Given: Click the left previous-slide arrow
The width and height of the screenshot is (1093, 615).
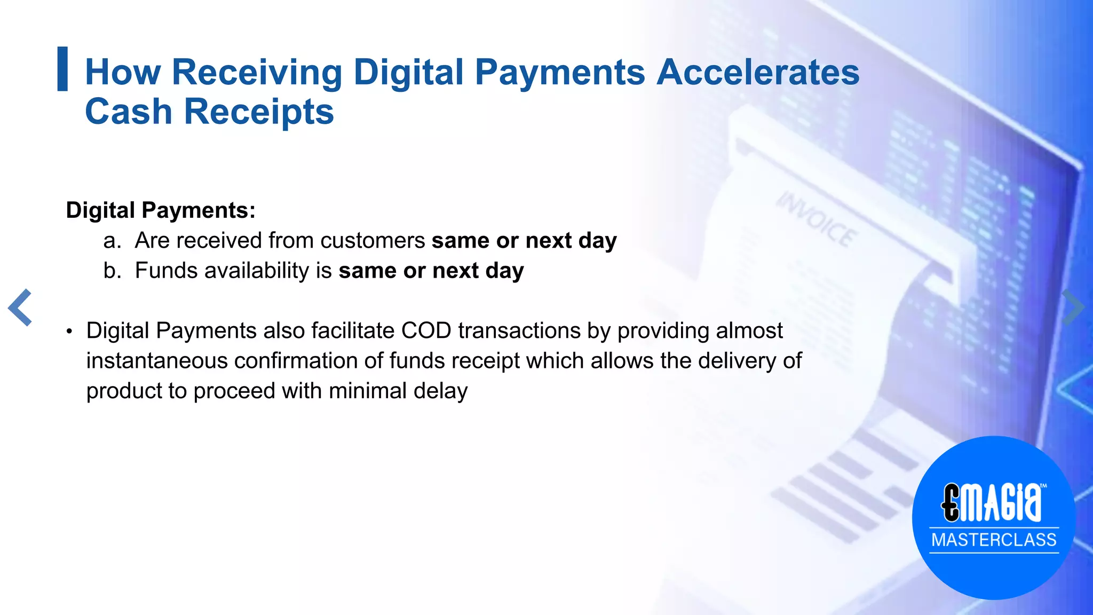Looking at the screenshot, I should (x=20, y=307).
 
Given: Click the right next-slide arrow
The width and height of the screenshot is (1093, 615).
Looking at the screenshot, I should (x=1073, y=307).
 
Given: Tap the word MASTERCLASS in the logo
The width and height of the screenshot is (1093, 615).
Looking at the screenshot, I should (x=994, y=540).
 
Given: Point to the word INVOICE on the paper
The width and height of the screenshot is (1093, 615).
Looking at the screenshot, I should (x=816, y=219).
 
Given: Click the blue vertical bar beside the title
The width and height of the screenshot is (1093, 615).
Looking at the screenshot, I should (x=62, y=69).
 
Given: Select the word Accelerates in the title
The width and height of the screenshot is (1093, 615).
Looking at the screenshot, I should (x=758, y=72).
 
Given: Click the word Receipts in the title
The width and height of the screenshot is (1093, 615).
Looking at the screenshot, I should (x=259, y=112).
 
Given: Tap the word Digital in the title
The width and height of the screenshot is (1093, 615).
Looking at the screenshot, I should (x=408, y=72).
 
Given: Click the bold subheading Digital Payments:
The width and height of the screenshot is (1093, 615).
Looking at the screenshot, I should (x=161, y=210).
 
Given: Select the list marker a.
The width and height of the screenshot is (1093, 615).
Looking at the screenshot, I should (x=112, y=241).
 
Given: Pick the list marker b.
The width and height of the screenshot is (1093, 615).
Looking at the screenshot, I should (x=112, y=271).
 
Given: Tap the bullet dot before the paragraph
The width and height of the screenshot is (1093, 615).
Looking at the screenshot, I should (x=69, y=332).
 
